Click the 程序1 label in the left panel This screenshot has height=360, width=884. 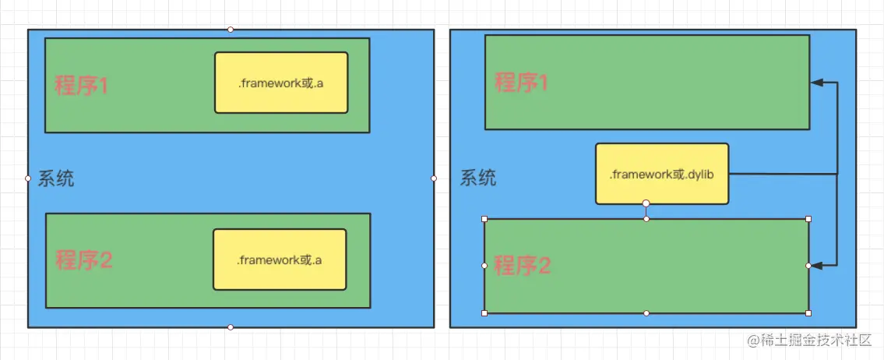point(81,86)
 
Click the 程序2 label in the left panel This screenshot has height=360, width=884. point(83,260)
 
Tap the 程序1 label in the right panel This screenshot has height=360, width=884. point(521,82)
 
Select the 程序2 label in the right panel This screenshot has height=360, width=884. point(523,266)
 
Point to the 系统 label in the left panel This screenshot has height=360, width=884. point(57,178)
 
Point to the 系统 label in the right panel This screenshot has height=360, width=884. point(478,178)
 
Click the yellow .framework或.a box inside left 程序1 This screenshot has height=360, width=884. point(280,83)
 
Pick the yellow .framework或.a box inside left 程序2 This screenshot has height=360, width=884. point(279,259)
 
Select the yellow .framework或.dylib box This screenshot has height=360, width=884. point(661,174)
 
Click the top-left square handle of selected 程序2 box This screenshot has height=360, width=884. point(484,219)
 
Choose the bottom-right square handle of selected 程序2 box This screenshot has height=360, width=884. point(808,313)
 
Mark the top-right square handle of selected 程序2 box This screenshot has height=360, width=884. point(808,219)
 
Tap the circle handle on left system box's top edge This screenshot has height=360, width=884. point(231,30)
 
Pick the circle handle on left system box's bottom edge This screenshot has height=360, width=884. point(231,327)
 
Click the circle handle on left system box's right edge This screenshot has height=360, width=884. point(434,178)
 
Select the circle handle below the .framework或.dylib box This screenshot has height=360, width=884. point(646,203)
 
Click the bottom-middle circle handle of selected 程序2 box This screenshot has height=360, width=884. point(646,313)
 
